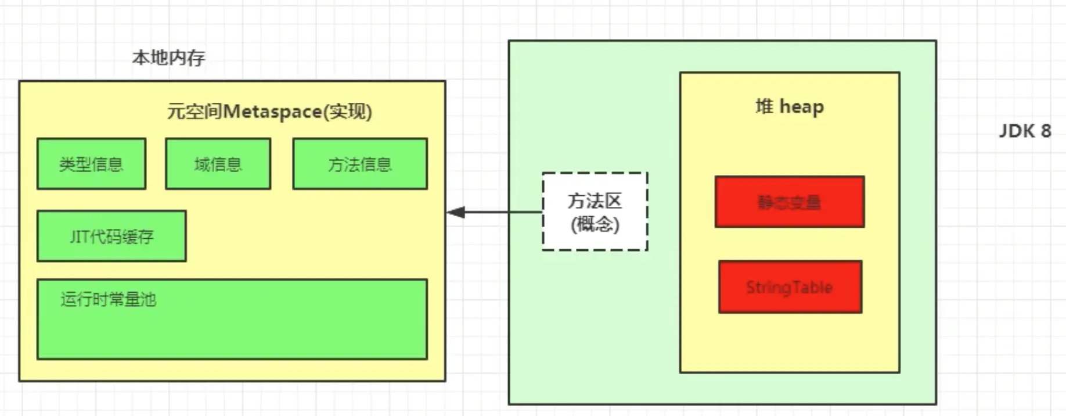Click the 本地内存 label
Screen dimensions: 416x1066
pyautogui.click(x=168, y=58)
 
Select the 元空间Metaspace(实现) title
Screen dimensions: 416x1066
pyautogui.click(x=269, y=111)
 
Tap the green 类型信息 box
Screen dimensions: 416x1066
pyautogui.click(x=91, y=164)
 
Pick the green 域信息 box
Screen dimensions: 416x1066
pyautogui.click(x=218, y=164)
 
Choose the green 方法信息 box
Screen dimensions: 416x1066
pyautogui.click(x=360, y=164)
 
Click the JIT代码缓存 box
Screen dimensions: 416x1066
pyautogui.click(x=111, y=236)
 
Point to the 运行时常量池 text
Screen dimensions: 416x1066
pyautogui.click(x=109, y=299)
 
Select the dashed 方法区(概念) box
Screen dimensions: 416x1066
pyautogui.click(x=595, y=211)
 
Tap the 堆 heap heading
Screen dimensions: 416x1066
pyautogui.click(x=790, y=107)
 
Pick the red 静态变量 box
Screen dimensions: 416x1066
pyautogui.click(x=790, y=202)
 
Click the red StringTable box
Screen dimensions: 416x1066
pyautogui.click(x=790, y=287)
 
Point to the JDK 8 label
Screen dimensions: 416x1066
pyautogui.click(x=1025, y=131)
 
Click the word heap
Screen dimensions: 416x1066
pyautogui.click(x=802, y=107)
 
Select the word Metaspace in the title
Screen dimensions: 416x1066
pyautogui.click(x=272, y=111)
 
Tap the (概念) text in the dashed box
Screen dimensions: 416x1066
pyautogui.click(x=595, y=224)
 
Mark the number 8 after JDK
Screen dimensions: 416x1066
pyautogui.click(x=1046, y=131)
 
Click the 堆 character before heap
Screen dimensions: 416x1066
pyautogui.click(x=764, y=106)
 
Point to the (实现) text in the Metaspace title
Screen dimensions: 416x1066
pyautogui.click(x=348, y=111)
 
